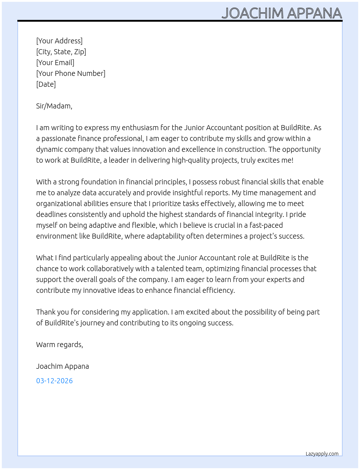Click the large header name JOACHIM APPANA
(282, 13)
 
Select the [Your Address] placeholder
(59, 41)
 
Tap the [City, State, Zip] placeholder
(61, 52)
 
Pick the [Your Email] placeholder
(55, 63)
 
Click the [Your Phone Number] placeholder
(71, 73)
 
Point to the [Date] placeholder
(46, 84)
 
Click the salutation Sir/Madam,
(54, 106)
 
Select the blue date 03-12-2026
(55, 381)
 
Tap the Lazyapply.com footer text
(322, 454)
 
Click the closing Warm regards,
(60, 345)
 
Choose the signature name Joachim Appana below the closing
(63, 366)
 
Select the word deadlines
(51, 214)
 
